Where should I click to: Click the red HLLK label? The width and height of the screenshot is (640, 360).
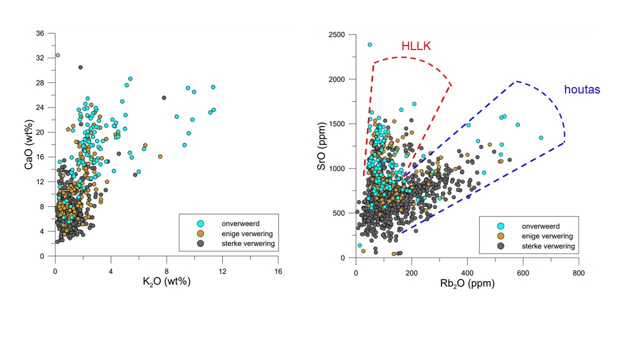[x=416, y=46]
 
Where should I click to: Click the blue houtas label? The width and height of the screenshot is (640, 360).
[x=582, y=90]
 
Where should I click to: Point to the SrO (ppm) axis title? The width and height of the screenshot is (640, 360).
[x=322, y=146]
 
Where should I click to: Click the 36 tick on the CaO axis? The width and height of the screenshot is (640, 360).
[x=40, y=33]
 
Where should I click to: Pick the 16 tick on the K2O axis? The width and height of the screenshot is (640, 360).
[x=278, y=271]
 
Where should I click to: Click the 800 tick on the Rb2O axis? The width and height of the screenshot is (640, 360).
[x=578, y=273]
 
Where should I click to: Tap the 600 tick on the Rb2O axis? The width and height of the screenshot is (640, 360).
[x=522, y=273]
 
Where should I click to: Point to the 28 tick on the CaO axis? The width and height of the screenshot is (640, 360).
[x=40, y=83]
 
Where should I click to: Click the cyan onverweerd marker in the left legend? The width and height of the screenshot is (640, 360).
[x=200, y=223]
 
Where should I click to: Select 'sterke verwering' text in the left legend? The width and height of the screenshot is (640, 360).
[x=248, y=243]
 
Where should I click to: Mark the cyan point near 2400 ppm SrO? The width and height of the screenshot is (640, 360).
[x=369, y=44]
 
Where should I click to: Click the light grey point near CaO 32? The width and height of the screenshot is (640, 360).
[x=57, y=55]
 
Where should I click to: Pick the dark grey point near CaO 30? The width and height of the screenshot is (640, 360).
[x=80, y=67]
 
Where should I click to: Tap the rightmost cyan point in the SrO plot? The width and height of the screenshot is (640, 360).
[x=540, y=137]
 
